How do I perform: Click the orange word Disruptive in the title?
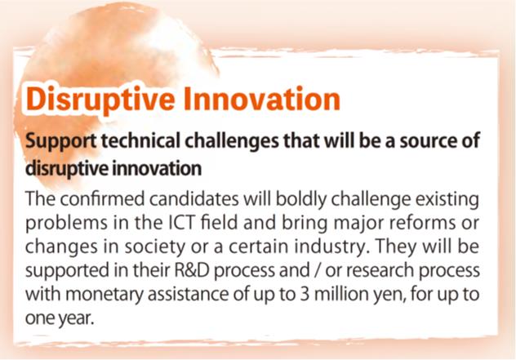click(x=100, y=100)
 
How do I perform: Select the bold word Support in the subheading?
click(x=61, y=141)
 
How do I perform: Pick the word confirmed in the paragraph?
click(x=102, y=199)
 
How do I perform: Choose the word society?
click(x=155, y=247)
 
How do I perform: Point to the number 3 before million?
click(x=305, y=294)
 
